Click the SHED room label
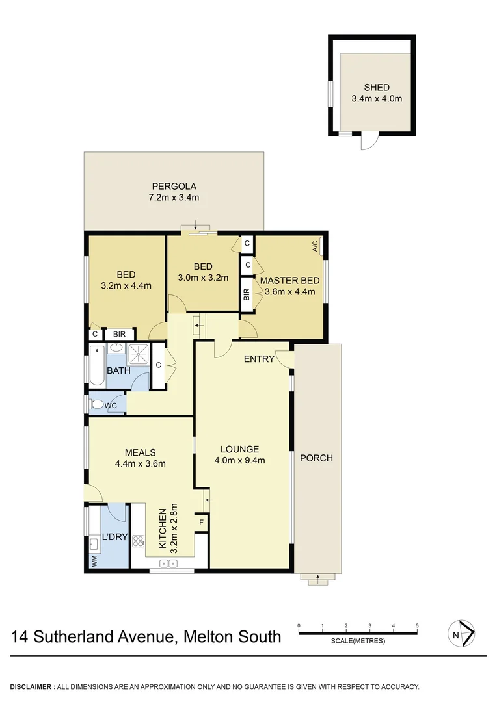pyautogui.click(x=377, y=88)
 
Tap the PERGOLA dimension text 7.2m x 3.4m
pyautogui.click(x=172, y=198)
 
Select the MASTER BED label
pyautogui.click(x=289, y=280)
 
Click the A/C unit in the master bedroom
pyautogui.click(x=316, y=246)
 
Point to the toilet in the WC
pyautogui.click(x=98, y=404)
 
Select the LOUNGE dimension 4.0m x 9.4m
pyautogui.click(x=239, y=461)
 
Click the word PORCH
pyautogui.click(x=316, y=458)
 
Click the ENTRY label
pyautogui.click(x=258, y=359)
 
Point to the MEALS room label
pyautogui.click(x=140, y=452)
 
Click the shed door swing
pyautogui.click(x=369, y=141)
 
